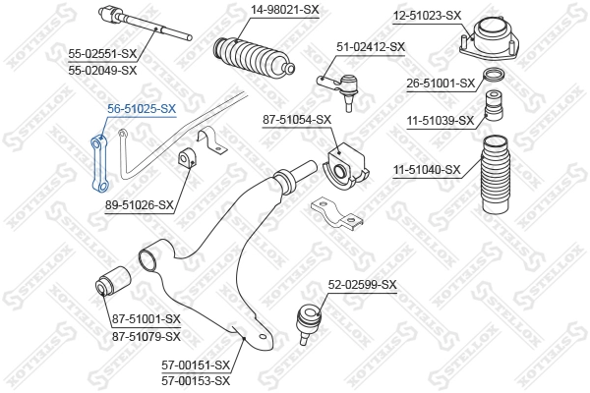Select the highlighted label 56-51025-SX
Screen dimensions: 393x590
click(141, 108)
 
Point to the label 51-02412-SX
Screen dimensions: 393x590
click(371, 46)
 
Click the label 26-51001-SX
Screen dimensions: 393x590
click(441, 84)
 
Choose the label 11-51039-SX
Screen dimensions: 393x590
click(441, 121)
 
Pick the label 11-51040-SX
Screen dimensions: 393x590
click(427, 170)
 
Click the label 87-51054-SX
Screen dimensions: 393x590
click(299, 119)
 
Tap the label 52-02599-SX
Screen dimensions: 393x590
click(362, 285)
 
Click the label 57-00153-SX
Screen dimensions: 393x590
click(196, 380)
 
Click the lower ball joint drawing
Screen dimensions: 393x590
click(305, 319)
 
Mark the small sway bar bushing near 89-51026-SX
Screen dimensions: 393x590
click(189, 160)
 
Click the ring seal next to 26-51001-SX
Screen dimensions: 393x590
click(498, 78)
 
